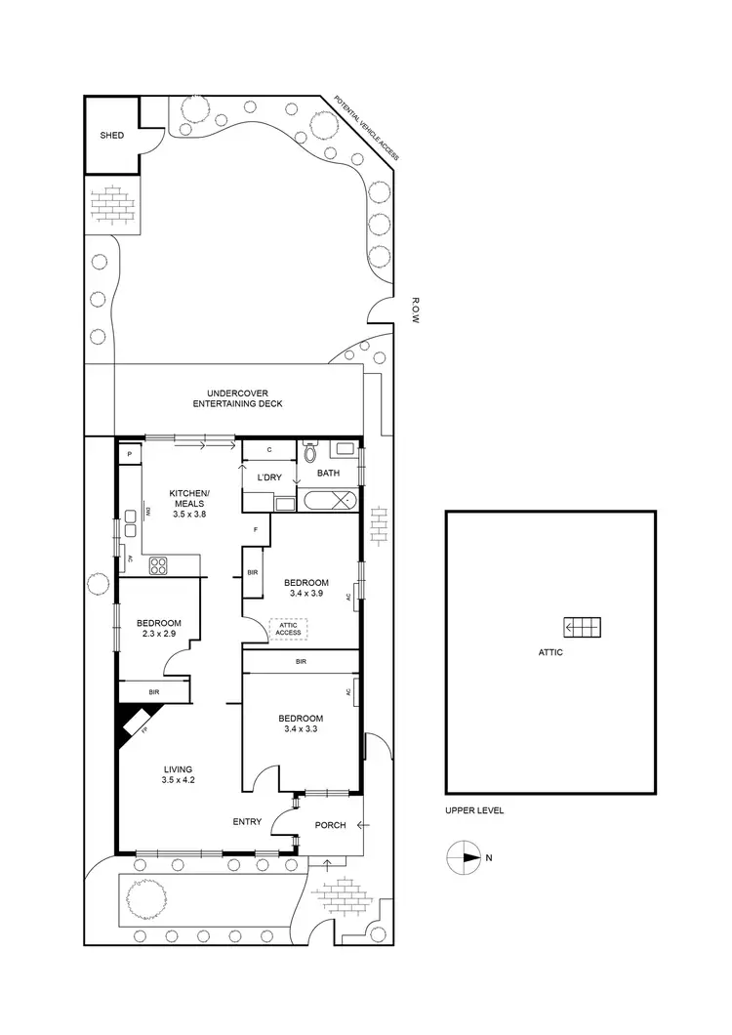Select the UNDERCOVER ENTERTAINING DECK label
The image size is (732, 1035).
[237, 398]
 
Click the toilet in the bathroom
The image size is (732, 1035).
[310, 453]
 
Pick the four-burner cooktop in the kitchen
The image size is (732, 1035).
[159, 564]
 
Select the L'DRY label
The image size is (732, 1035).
[269, 477]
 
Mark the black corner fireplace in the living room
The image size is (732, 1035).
[129, 724]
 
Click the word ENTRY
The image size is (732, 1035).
[246, 821]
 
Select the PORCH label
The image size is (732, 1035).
[331, 825]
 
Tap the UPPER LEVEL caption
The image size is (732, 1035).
[473, 810]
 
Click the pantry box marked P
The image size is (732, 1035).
[128, 454]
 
